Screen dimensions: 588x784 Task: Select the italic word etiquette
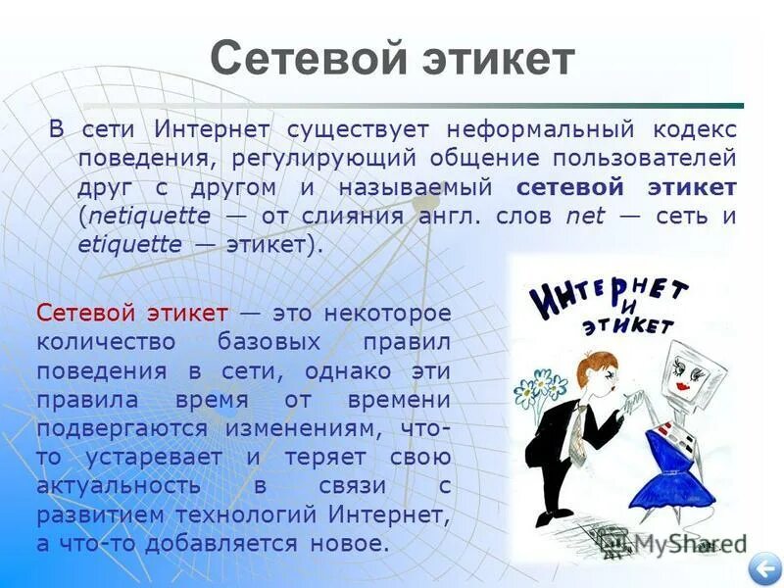(129, 245)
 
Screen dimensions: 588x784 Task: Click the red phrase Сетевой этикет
(132, 314)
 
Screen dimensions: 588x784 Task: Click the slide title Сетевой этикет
(392, 59)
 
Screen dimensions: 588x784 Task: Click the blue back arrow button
(762, 568)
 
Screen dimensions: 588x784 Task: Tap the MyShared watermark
(676, 544)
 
